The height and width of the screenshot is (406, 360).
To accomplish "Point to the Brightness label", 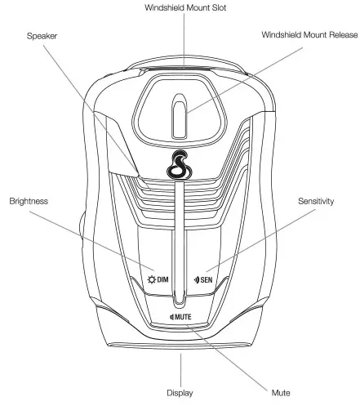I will pos(29,200).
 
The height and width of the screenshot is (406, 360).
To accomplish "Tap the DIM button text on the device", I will pos(162,279).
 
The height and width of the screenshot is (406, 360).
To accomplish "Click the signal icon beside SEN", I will pos(198,279).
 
